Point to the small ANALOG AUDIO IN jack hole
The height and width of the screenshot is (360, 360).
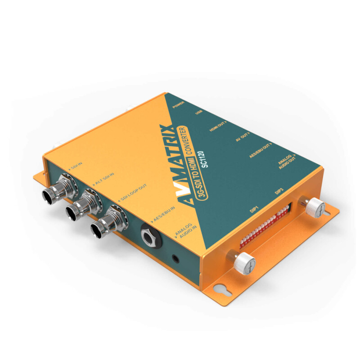pos(175,258)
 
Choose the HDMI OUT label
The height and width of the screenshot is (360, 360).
pos(218,126)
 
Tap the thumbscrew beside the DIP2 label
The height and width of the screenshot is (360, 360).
pos(315,208)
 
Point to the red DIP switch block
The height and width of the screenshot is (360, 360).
pos(265,225)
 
